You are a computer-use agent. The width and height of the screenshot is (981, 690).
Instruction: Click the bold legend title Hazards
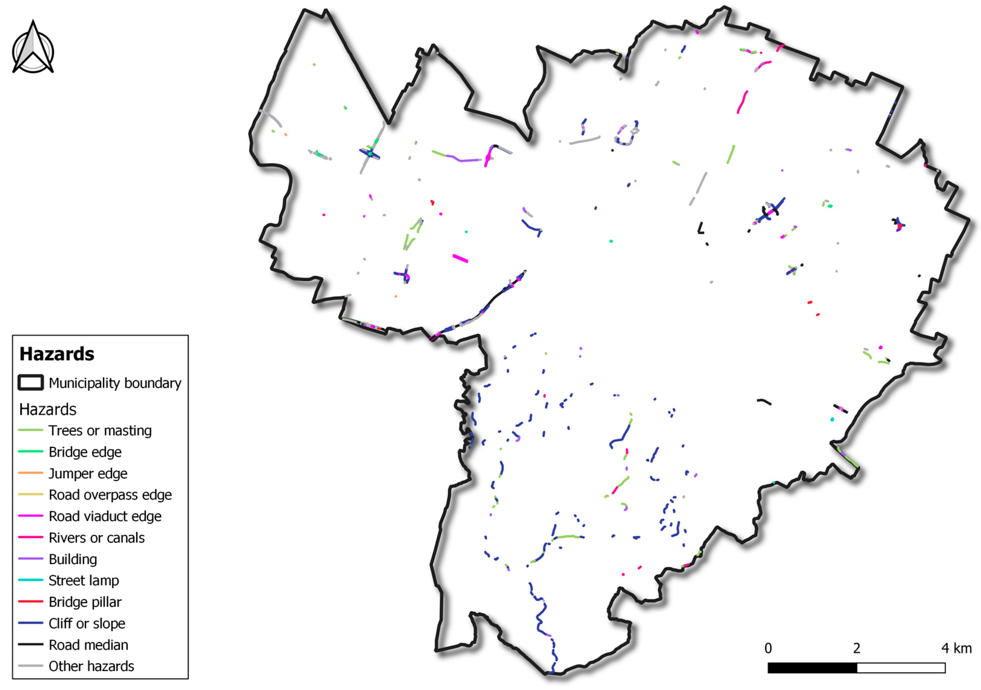(57, 354)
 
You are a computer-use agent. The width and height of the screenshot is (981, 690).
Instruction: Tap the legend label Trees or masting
(100, 431)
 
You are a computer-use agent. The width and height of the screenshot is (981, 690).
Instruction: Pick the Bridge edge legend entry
(85, 452)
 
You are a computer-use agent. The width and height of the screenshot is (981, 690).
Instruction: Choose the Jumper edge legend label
(88, 473)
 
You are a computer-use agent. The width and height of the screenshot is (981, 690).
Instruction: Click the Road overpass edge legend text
(110, 495)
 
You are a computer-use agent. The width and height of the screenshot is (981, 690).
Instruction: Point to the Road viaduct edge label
(105, 516)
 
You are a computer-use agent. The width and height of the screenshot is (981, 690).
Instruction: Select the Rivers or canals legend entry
(97, 537)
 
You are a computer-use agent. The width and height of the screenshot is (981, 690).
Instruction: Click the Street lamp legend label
(84, 581)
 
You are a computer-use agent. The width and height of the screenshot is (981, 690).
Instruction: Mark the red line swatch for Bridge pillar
(31, 601)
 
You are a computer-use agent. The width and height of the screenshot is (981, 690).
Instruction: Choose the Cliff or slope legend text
(87, 623)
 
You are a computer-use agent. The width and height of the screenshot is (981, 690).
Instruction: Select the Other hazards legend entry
(91, 666)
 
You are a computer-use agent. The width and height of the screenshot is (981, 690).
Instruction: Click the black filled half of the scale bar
(812, 668)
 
